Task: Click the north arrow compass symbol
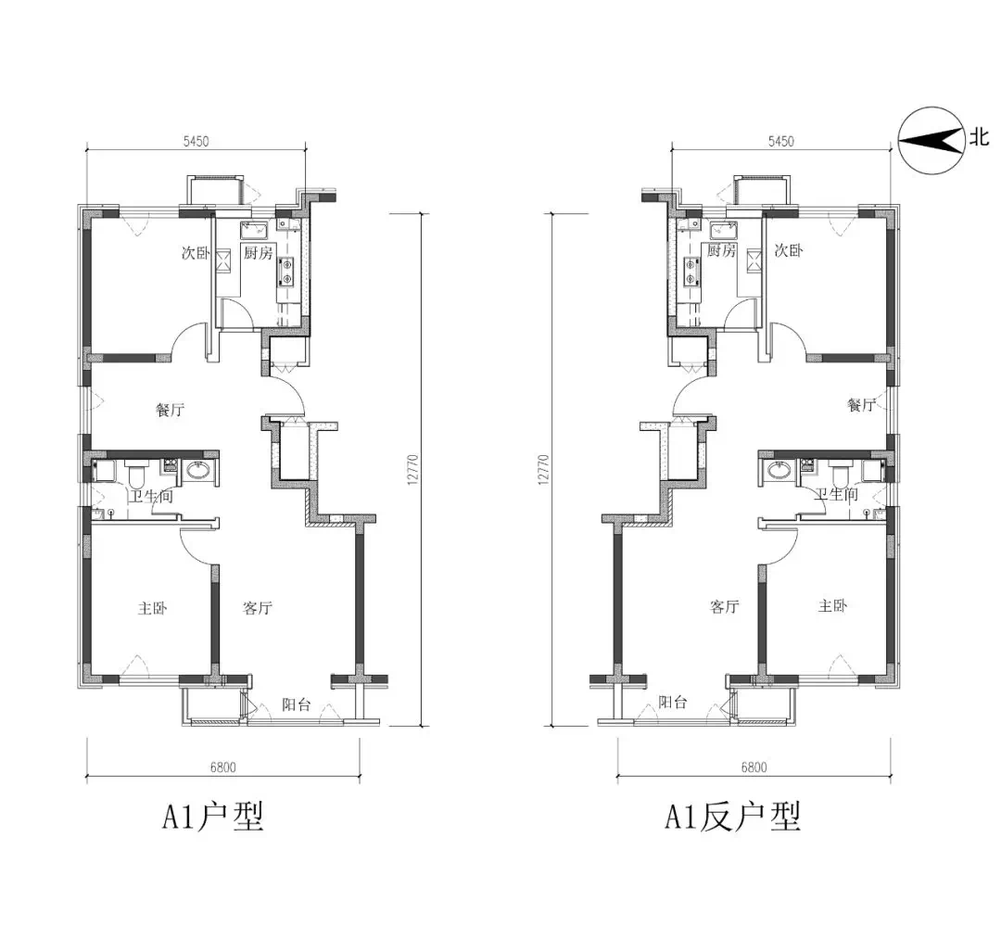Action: click(931, 141)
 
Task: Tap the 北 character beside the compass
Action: click(980, 136)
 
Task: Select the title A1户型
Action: click(212, 816)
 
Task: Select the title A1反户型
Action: click(732, 816)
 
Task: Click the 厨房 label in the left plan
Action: click(258, 253)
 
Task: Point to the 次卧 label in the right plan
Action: click(789, 249)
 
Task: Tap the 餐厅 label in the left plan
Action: click(171, 410)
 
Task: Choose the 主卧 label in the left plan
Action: click(153, 607)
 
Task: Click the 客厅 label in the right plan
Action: click(725, 606)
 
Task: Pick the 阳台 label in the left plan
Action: click(297, 704)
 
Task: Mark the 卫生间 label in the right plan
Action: click(836, 494)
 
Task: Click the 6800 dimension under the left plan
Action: click(222, 767)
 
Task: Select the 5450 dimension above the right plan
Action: click(781, 141)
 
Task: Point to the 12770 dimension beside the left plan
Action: click(412, 469)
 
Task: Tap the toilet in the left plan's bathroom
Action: click(136, 474)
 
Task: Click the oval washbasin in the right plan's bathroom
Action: click(779, 471)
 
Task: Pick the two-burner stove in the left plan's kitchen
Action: click(286, 271)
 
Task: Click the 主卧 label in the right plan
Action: click(833, 604)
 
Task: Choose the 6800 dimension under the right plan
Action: click(754, 767)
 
